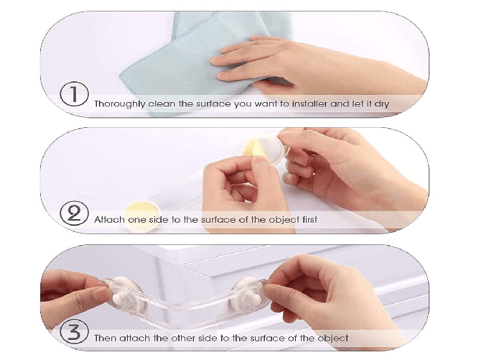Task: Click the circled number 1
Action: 74,95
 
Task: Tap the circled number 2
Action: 74,213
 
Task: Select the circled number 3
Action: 74,332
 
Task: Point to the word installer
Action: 302,103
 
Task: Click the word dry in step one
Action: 380,103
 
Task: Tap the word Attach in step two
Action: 109,218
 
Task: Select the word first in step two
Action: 305,218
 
